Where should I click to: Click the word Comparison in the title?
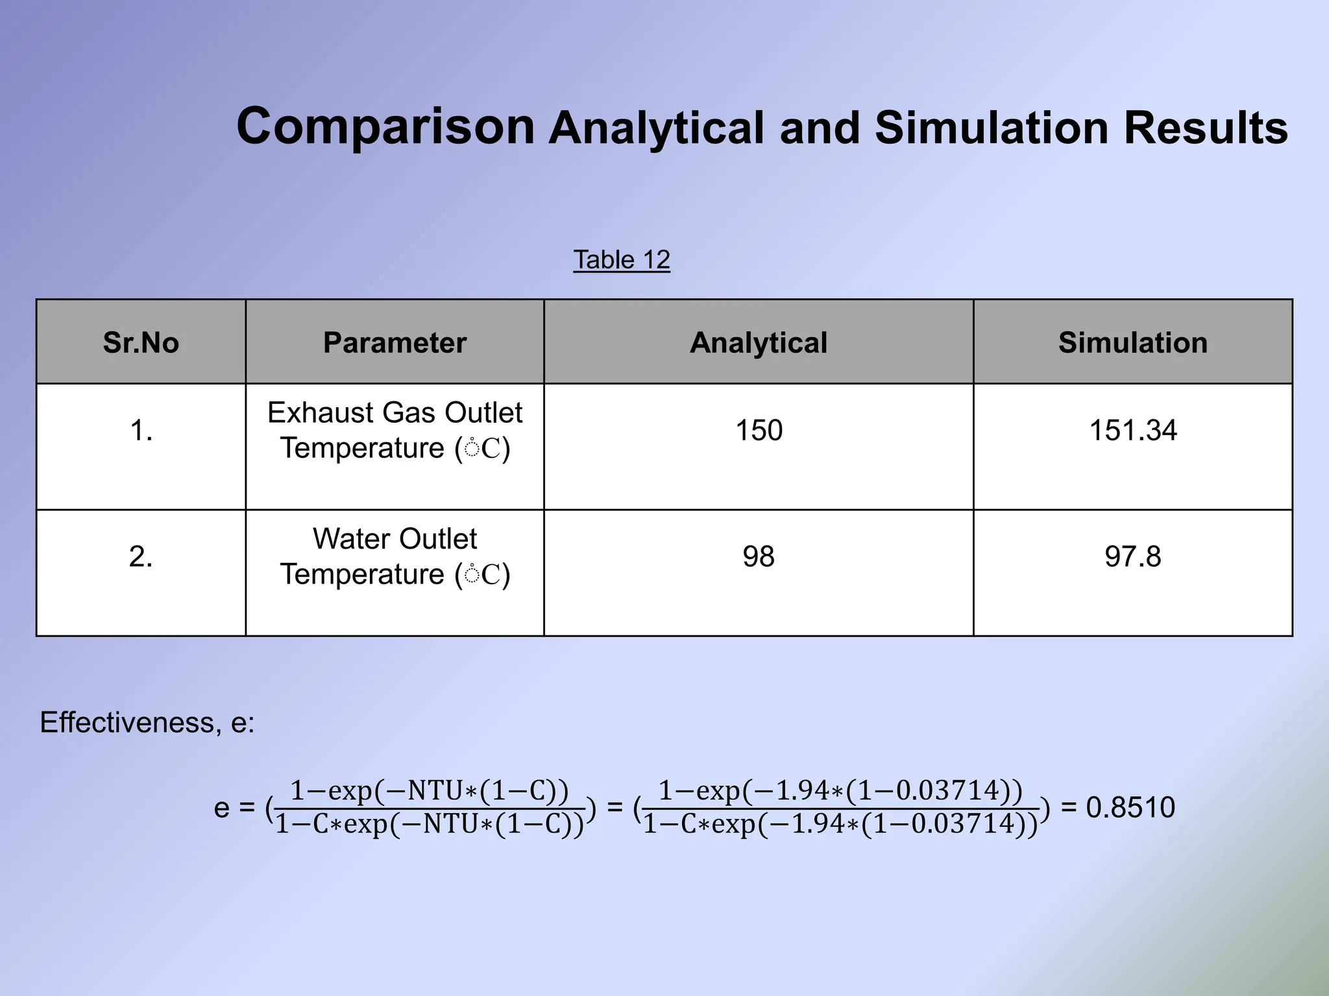coord(385,126)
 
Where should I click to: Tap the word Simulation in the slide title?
coord(992,128)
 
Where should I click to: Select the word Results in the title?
coord(1206,128)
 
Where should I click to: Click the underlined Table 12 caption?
coord(621,260)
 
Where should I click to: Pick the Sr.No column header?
coord(141,342)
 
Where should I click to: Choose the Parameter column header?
coord(395,342)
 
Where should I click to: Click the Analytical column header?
coord(758,342)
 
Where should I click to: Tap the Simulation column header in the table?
coord(1132,342)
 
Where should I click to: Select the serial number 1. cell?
coord(141,431)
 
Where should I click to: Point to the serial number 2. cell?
coord(141,557)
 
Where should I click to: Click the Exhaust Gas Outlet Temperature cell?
coord(395,431)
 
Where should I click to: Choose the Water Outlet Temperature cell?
coord(395,557)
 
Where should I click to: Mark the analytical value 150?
coord(759,431)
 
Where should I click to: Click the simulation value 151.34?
coord(1132,431)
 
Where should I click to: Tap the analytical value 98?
coord(759,557)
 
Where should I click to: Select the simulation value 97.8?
coord(1132,557)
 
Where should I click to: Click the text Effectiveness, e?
coord(147,722)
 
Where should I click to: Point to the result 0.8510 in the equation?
coord(1130,808)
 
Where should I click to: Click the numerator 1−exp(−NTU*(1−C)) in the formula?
coord(429,791)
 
